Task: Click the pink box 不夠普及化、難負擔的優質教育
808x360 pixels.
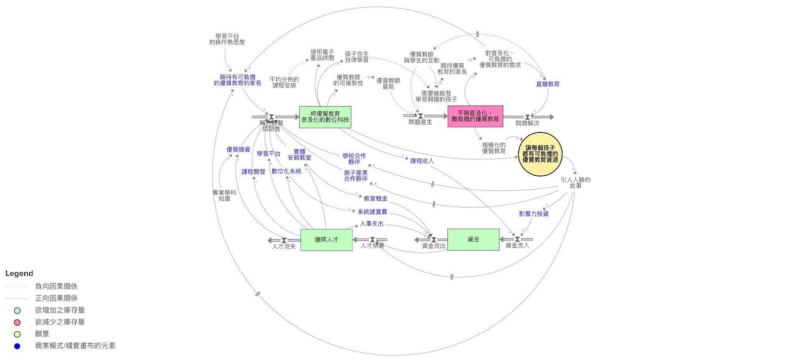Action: pyautogui.click(x=475, y=116)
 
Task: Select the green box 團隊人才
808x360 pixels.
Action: pyautogui.click(x=326, y=239)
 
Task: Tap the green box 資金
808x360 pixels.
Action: pyautogui.click(x=473, y=239)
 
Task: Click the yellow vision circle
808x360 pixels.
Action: pyautogui.click(x=540, y=154)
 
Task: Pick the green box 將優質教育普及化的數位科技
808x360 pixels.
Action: pyautogui.click(x=325, y=117)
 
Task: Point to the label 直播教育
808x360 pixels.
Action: pyautogui.click(x=547, y=84)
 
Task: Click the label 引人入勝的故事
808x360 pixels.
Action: pyautogui.click(x=575, y=183)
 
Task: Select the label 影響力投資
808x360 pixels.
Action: pyautogui.click(x=533, y=214)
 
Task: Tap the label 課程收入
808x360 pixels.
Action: pyautogui.click(x=422, y=161)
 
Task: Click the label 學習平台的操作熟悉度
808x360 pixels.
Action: pyautogui.click(x=227, y=39)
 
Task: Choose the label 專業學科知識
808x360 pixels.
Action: pyautogui.click(x=224, y=196)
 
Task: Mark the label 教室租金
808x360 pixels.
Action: pyautogui.click(x=375, y=198)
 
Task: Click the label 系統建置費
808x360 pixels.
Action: pyautogui.click(x=372, y=212)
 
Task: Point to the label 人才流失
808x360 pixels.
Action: pyautogui.click(x=284, y=247)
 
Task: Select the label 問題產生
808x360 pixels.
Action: pyautogui.click(x=420, y=122)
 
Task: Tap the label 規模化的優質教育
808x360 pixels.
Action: pyautogui.click(x=493, y=148)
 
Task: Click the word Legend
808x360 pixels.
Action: pyautogui.click(x=19, y=274)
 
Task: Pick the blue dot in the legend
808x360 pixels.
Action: pyautogui.click(x=17, y=346)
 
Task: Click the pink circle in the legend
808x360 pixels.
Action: pyautogui.click(x=17, y=322)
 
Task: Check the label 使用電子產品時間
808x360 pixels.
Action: pyautogui.click(x=322, y=55)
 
